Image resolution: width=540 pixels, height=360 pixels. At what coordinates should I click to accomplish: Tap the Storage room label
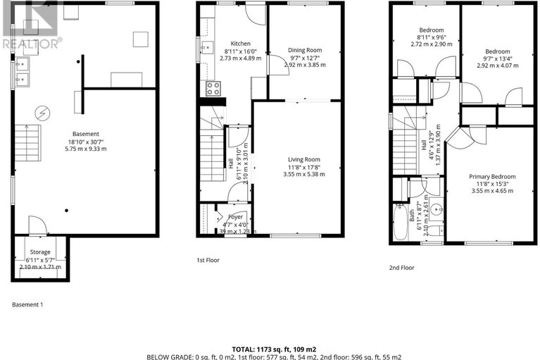click(39, 252)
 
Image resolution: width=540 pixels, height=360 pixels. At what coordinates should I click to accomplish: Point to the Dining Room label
click(305, 50)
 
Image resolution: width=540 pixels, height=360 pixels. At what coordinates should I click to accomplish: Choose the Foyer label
click(236, 217)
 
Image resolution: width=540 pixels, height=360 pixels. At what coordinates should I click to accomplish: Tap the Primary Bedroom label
click(493, 176)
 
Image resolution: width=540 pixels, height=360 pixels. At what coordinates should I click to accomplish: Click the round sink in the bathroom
click(435, 209)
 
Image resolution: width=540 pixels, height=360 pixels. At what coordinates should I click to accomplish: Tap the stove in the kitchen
click(212, 88)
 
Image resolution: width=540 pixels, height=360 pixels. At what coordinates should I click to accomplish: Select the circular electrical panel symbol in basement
click(43, 112)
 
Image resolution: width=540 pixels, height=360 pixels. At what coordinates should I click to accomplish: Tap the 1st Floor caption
click(208, 260)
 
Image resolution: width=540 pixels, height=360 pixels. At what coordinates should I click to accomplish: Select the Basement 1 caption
click(28, 304)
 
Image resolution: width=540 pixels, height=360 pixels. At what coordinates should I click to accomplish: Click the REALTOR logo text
click(31, 44)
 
